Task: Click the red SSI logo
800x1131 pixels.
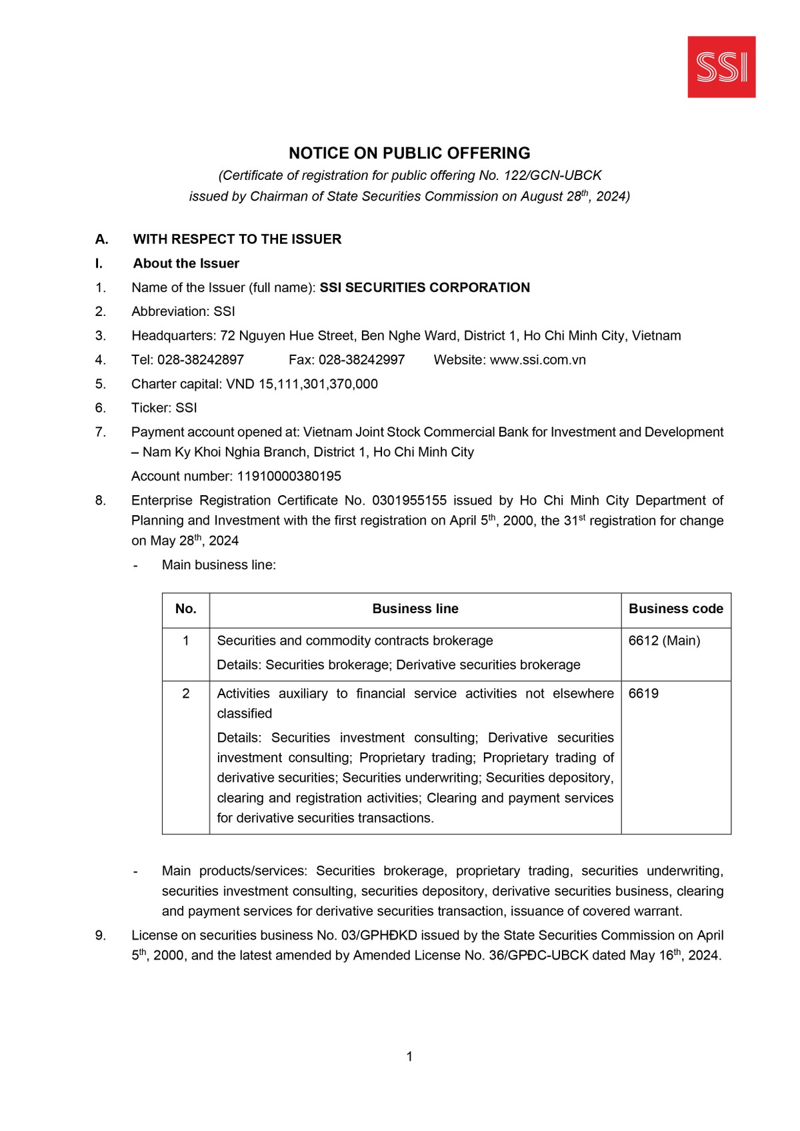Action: click(x=721, y=67)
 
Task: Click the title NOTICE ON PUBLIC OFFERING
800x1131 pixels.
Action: click(x=409, y=153)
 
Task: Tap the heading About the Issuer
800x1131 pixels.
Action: click(x=186, y=263)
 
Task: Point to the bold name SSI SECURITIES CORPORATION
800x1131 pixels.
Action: click(x=425, y=287)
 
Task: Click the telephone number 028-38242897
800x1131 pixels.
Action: click(x=201, y=360)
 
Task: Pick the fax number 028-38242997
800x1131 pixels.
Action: click(x=361, y=360)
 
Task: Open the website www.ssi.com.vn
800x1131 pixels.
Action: click(x=537, y=360)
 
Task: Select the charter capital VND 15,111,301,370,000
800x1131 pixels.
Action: click(x=302, y=384)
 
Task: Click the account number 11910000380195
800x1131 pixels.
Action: click(x=289, y=476)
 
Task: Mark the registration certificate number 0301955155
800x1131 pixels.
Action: click(x=409, y=501)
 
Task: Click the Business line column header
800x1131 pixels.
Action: click(x=415, y=608)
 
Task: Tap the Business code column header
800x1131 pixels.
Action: click(x=675, y=608)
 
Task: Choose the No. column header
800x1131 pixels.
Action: click(x=185, y=608)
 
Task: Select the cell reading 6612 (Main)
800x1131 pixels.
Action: click(x=664, y=640)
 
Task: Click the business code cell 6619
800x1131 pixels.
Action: click(x=643, y=693)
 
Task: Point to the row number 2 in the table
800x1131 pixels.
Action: click(x=185, y=693)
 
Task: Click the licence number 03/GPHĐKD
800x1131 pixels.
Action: click(x=377, y=935)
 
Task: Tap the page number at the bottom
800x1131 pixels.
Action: click(x=409, y=1056)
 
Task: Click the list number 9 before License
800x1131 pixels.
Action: click(x=100, y=935)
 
